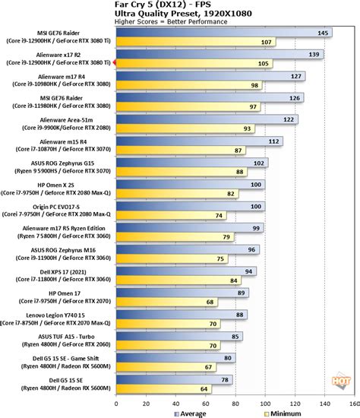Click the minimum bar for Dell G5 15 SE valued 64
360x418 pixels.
click(167, 390)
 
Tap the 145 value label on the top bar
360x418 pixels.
click(324, 33)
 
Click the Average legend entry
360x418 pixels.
click(191, 412)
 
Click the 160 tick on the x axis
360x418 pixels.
click(354, 403)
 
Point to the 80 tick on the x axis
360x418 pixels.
click(235, 403)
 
